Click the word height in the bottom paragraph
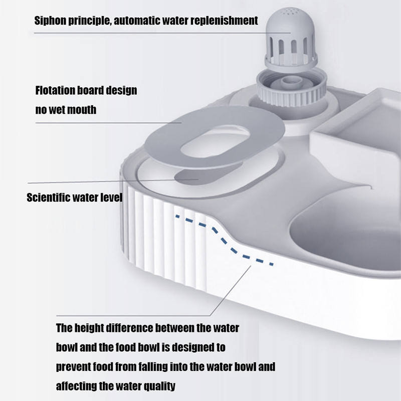pyautogui.click(x=89, y=328)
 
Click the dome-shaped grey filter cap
pyautogui.click(x=291, y=39)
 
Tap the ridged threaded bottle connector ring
pyautogui.click(x=292, y=88)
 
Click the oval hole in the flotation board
pyautogui.click(x=215, y=141)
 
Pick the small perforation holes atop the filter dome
pyautogui.click(x=291, y=11)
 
